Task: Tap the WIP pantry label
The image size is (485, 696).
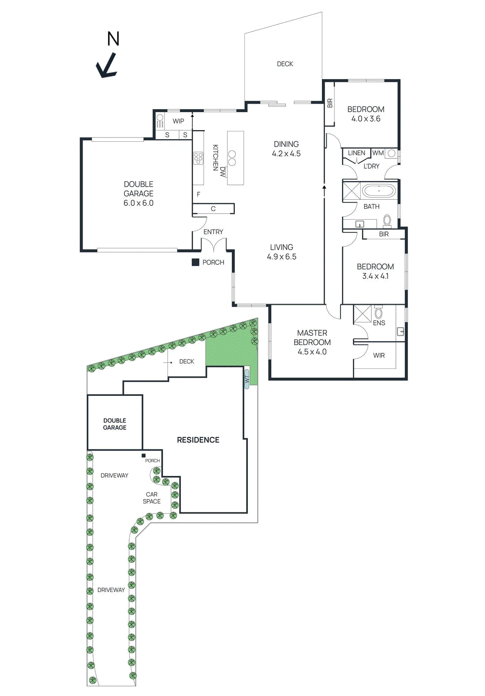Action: click(178, 121)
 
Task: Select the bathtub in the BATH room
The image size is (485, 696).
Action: click(379, 191)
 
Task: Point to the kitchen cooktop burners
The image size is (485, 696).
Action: click(198, 158)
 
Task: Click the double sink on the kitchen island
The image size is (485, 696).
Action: click(232, 158)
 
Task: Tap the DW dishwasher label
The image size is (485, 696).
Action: click(223, 171)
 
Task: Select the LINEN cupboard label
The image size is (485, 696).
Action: click(356, 153)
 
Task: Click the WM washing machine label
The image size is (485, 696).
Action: click(378, 153)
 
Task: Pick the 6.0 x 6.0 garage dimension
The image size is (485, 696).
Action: click(138, 203)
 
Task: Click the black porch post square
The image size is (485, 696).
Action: click(196, 262)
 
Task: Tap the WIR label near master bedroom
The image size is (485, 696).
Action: click(379, 355)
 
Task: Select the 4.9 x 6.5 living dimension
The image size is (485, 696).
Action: click(281, 257)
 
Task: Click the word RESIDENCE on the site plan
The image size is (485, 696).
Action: click(198, 440)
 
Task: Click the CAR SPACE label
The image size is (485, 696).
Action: click(152, 498)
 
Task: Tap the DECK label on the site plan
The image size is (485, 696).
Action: click(187, 361)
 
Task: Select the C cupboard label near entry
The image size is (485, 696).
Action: click(213, 209)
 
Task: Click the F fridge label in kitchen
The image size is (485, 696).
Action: click(198, 194)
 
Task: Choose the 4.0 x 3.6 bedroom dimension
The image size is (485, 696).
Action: click(366, 119)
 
